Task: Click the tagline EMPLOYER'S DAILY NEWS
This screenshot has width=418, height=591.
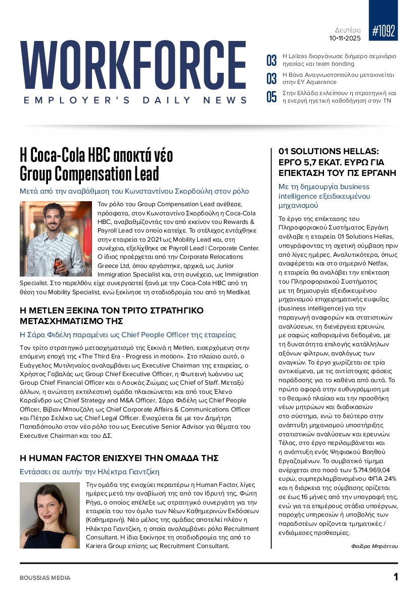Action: pos(135,101)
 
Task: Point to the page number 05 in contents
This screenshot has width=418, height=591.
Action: pos(271,97)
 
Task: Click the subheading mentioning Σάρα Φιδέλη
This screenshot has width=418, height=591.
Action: pos(127,335)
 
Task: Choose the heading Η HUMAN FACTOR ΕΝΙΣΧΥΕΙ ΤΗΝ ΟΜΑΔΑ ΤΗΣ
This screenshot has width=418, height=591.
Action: pos(119,458)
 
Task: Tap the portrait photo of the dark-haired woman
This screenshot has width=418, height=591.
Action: pos(50,515)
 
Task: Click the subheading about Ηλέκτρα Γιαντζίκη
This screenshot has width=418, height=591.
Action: pos(89,472)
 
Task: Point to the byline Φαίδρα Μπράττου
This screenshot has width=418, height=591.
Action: pos(375,546)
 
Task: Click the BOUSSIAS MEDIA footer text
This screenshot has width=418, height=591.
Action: pos(45,578)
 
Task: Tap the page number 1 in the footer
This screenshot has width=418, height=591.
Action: pos(396,577)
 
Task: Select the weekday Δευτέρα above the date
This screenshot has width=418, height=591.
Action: pos(348,29)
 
